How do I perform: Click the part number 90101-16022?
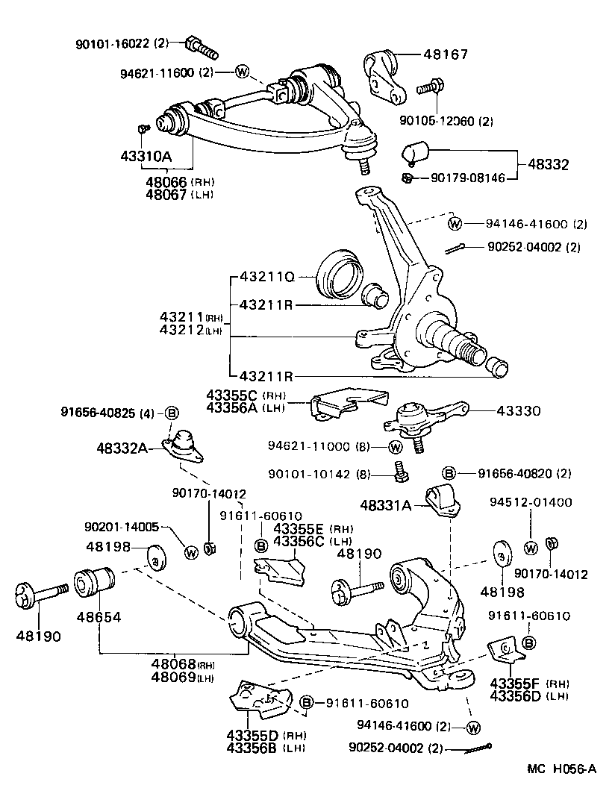(x=113, y=44)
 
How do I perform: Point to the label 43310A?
(x=146, y=157)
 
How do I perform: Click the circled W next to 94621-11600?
(x=242, y=72)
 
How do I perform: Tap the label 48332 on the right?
(x=549, y=164)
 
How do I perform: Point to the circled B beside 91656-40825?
(x=172, y=413)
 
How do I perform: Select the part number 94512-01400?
(x=531, y=502)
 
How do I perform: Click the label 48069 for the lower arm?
(x=173, y=677)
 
